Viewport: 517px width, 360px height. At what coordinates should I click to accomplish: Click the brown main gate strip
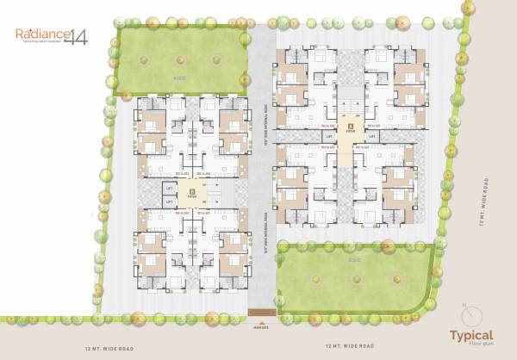258,311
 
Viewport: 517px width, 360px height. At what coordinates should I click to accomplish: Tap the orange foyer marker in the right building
350,126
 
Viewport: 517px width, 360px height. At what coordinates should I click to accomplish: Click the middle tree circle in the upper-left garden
180,59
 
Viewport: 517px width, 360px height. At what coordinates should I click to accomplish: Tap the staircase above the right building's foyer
350,94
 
